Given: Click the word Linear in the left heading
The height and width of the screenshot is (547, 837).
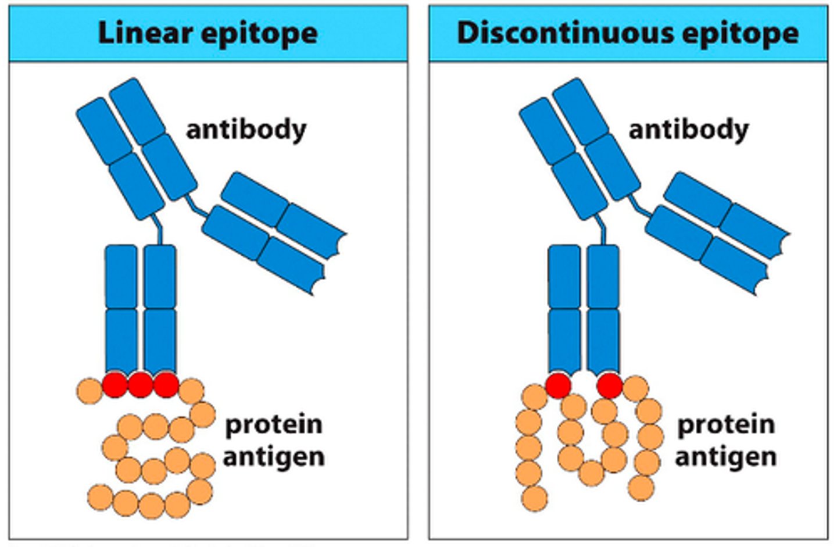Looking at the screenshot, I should (x=145, y=33).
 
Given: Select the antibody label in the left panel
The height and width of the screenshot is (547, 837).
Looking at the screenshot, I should (x=246, y=130).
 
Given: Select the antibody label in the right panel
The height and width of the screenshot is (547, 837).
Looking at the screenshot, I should (x=689, y=130).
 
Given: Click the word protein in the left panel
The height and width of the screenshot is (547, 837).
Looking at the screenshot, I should (x=273, y=425).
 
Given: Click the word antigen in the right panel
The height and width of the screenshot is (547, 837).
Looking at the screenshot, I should (x=725, y=456).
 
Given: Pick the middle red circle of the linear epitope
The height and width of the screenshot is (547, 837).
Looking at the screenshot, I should (x=140, y=385).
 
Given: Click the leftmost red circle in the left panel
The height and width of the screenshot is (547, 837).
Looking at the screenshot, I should (x=115, y=385).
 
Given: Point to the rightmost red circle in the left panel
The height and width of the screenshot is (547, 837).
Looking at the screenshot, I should (x=166, y=385).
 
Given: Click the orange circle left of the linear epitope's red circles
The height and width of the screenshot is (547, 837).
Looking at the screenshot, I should (x=89, y=389).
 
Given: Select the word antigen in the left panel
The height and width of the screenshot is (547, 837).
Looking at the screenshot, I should (x=273, y=456).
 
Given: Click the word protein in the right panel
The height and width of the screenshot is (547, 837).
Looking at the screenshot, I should (x=725, y=425).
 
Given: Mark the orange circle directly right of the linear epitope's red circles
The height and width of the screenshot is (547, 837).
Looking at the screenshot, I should (x=191, y=390).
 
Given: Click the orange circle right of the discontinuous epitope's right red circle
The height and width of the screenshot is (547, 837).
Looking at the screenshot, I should (x=635, y=388).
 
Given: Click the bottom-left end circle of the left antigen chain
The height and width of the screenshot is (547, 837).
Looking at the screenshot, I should (x=100, y=498).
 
